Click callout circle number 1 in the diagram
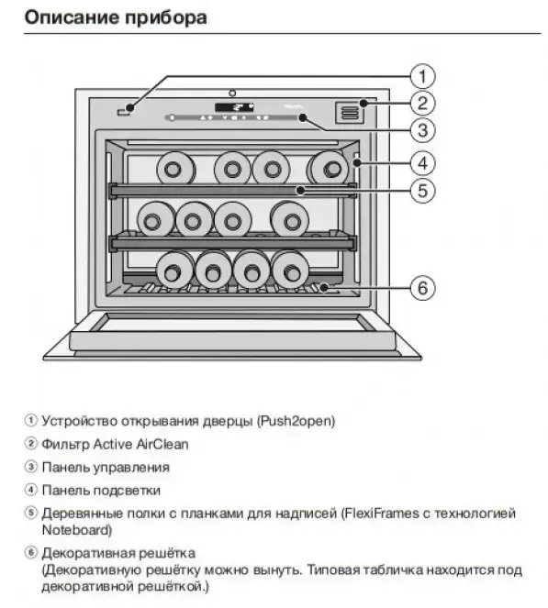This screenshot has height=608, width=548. tap(422, 76)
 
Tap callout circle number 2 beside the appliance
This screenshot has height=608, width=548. tap(422, 103)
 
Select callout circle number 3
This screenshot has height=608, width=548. tap(422, 130)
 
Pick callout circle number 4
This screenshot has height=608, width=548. tap(422, 163)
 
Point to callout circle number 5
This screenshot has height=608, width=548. tap(422, 191)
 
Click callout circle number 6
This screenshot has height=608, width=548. tap(422, 288)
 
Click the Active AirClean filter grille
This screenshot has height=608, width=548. tap(350, 113)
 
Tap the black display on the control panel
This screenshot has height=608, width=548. tap(234, 107)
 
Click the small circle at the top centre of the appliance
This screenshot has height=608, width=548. tap(232, 93)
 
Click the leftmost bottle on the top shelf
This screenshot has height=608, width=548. tap(175, 169)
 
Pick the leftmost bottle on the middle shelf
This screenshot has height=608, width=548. tap(156, 219)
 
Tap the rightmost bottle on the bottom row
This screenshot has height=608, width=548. tap(290, 270)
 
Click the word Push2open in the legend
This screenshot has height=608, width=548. tap(296, 421)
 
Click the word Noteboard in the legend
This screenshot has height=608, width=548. tap(75, 530)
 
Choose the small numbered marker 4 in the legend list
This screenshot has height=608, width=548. tap(30, 490)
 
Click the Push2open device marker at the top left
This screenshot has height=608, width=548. tap(123, 113)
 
